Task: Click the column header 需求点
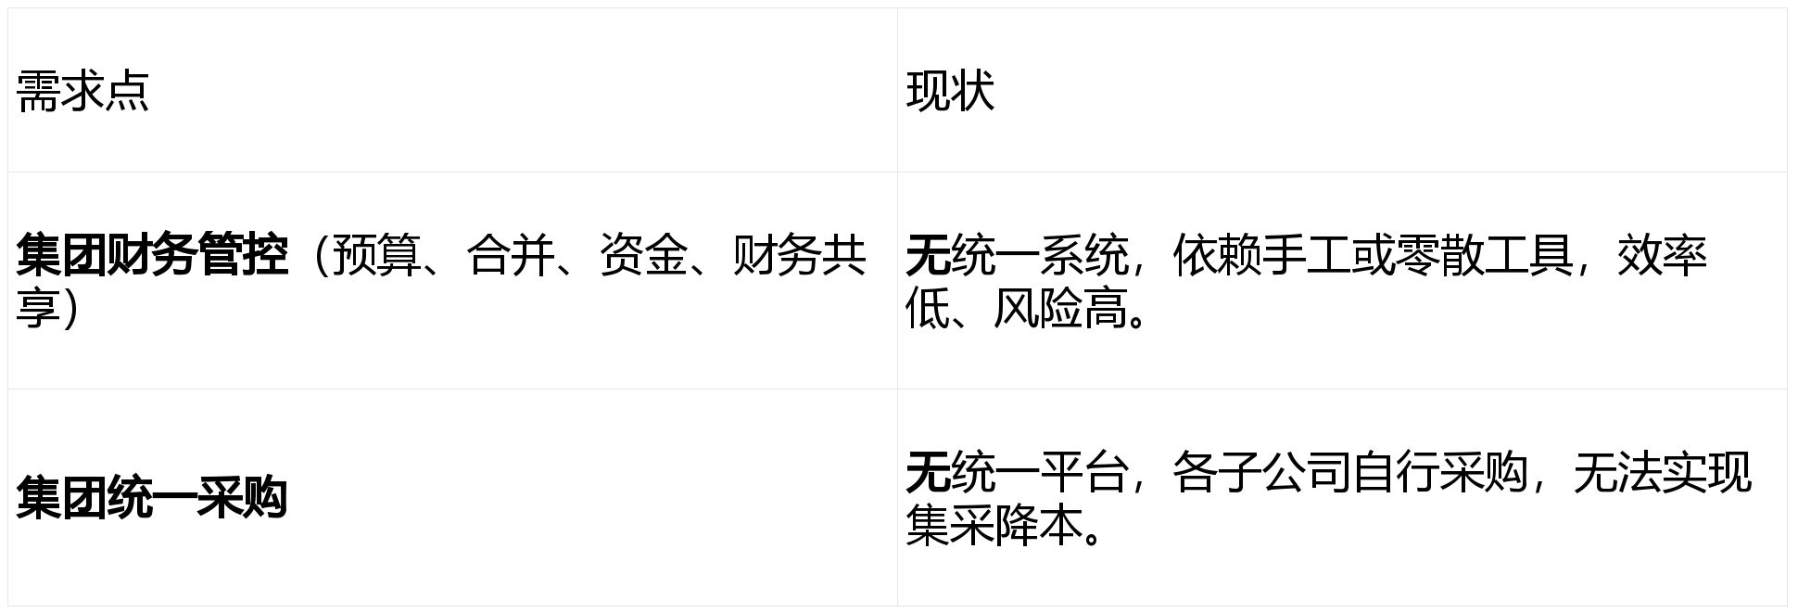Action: coord(82,91)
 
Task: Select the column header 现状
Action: coord(950,91)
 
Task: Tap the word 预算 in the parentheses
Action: coord(375,255)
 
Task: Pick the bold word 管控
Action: coord(242,255)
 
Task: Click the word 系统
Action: coord(1083,255)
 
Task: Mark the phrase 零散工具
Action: coord(1483,255)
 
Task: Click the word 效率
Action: coord(1662,255)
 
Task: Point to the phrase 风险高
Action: coord(1061,309)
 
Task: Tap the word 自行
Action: coord(1395,472)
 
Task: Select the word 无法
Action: coord(1617,472)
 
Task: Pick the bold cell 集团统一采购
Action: coord(152,498)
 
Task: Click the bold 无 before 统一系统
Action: coord(928,255)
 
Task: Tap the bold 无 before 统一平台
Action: coord(928,472)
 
